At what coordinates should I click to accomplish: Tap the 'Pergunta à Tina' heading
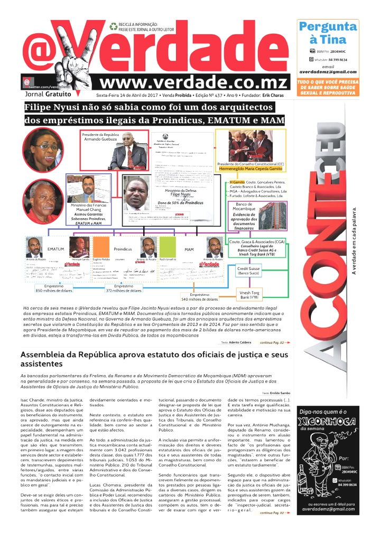click(328, 33)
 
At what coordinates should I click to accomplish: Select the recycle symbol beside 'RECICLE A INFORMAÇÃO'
click(113, 26)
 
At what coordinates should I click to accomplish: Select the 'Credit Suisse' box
click(249, 271)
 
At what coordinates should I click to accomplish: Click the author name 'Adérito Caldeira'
click(241, 342)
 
